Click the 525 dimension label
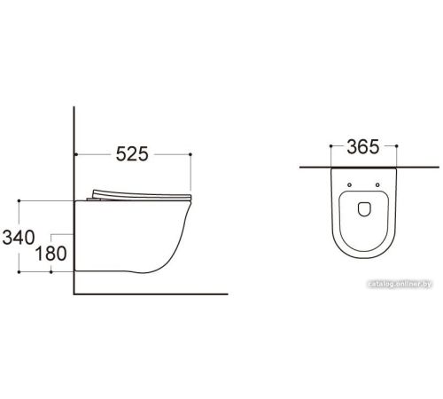pos(132,154)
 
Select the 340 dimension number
pos(19,238)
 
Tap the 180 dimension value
pos(51,254)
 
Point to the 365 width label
pos(363,147)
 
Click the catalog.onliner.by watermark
pos(400,284)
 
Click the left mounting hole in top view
pos(349,185)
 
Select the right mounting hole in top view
pos(377,185)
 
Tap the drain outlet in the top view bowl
pos(364,209)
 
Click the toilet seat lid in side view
pos(142,195)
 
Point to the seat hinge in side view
pos(94,199)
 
